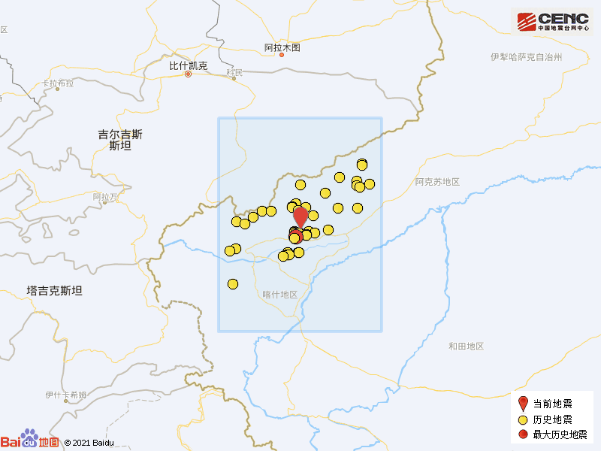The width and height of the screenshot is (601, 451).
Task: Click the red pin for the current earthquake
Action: [x=300, y=217]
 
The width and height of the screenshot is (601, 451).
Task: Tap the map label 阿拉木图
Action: [x=282, y=47]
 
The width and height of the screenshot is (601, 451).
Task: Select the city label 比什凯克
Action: [x=187, y=65]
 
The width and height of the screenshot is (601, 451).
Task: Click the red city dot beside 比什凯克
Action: [x=189, y=74]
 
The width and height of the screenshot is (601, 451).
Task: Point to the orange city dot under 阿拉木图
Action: [x=282, y=55]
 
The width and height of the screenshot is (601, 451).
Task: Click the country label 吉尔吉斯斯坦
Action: [x=120, y=140]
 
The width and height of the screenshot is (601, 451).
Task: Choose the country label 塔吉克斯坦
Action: [x=54, y=291]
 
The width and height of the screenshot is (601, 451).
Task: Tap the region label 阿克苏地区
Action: [x=437, y=182]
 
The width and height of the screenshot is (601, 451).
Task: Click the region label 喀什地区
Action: [x=280, y=295]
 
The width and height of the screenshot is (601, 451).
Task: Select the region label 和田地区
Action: [x=466, y=346]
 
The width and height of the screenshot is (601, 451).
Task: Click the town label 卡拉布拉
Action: [x=59, y=83]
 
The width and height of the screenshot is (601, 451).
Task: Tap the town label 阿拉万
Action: [x=106, y=197]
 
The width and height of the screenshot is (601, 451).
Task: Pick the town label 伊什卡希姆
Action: [x=66, y=395]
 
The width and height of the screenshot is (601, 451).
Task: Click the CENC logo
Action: [x=552, y=22]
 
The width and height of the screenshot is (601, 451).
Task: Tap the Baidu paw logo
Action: [x=29, y=438]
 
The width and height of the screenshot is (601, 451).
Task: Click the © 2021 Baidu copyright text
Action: [x=89, y=443]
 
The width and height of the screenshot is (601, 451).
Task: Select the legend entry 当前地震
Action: [x=552, y=404]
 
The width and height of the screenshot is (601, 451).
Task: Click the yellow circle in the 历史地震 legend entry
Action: [x=524, y=419]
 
